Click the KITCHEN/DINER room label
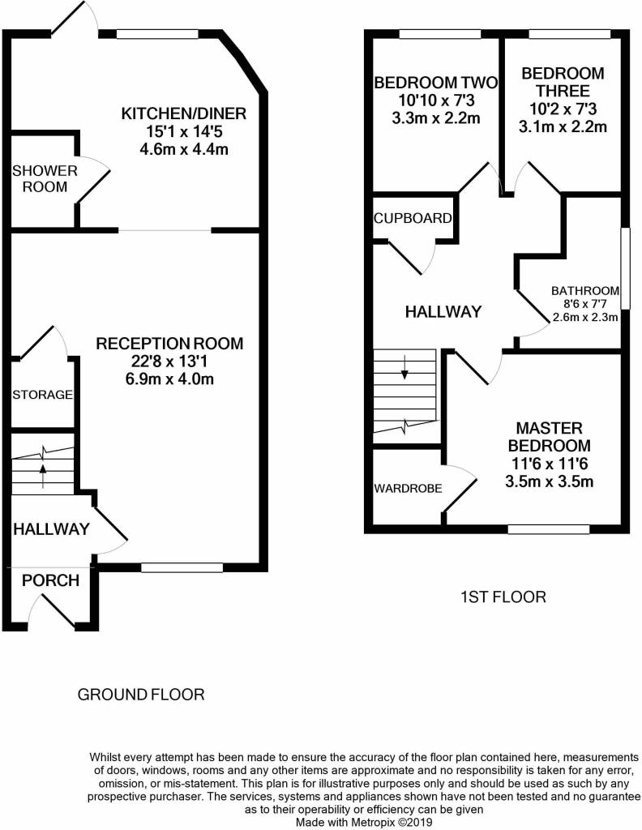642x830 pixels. pyautogui.click(x=184, y=113)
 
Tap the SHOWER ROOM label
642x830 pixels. pyautogui.click(x=45, y=178)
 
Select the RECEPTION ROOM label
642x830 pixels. pyautogui.click(x=169, y=344)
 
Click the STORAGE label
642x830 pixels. pyautogui.click(x=42, y=395)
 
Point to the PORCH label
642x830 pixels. pyautogui.click(x=50, y=580)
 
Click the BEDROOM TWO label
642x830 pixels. pyautogui.click(x=435, y=83)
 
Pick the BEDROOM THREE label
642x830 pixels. pyautogui.click(x=563, y=82)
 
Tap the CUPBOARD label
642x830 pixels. pyautogui.click(x=413, y=218)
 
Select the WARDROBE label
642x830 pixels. pyautogui.click(x=408, y=488)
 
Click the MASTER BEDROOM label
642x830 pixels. pyautogui.click(x=549, y=437)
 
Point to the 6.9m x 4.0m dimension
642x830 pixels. pyautogui.click(x=169, y=379)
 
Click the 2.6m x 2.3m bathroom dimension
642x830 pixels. pyautogui.click(x=585, y=318)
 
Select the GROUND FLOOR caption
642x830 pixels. pyautogui.click(x=141, y=695)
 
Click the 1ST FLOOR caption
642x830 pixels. pyautogui.click(x=503, y=597)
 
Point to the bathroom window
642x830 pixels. pyautogui.click(x=626, y=268)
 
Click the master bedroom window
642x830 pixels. pyautogui.click(x=548, y=528)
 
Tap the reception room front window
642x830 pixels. pyautogui.click(x=182, y=568)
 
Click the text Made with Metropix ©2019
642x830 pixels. pyautogui.click(x=364, y=823)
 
